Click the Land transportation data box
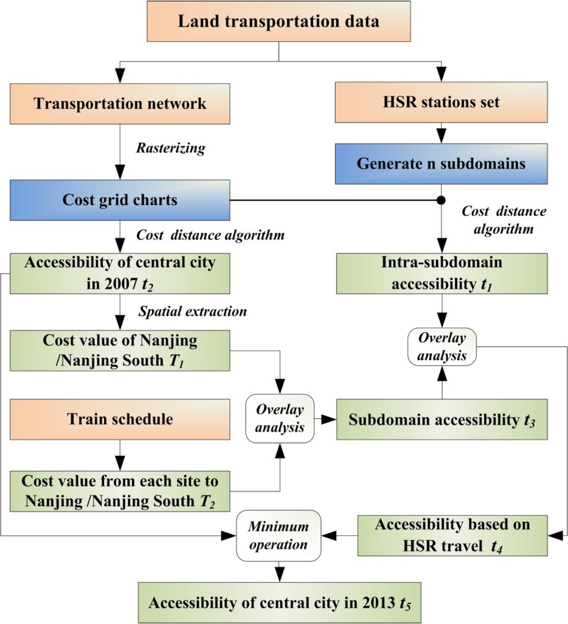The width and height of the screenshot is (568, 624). click(278, 21)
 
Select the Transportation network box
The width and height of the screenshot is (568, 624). click(120, 104)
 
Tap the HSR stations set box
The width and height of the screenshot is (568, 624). click(441, 102)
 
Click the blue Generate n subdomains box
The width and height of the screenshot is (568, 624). click(441, 164)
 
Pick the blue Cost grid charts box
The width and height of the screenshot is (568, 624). click(120, 200)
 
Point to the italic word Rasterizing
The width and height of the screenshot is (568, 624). click(171, 148)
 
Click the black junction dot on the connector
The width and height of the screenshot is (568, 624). click(441, 200)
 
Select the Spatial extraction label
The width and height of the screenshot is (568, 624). click(192, 312)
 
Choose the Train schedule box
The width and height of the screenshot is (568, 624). click(120, 419)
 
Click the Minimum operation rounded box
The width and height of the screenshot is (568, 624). click(278, 536)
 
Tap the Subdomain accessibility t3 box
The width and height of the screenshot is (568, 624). click(442, 420)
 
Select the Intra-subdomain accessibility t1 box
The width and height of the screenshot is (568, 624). click(442, 273)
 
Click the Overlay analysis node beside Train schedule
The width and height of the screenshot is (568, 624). click(280, 419)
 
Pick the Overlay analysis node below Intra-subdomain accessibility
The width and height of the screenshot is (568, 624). click(442, 347)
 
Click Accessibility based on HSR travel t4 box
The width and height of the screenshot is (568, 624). click(452, 535)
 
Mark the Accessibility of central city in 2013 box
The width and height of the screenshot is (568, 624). click(279, 603)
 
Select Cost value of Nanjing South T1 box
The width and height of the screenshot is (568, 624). click(120, 350)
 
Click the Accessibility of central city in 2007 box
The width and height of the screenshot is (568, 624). click(120, 273)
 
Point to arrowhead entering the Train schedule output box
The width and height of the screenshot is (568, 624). click(120, 465)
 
